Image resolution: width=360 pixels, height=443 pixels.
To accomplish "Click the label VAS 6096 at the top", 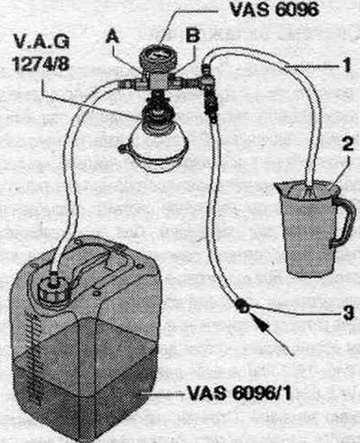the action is pyautogui.click(x=274, y=10).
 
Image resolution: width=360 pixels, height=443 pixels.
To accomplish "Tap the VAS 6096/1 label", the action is pyautogui.click(x=239, y=393).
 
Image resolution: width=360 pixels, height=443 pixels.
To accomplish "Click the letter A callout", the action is pyautogui.click(x=112, y=37).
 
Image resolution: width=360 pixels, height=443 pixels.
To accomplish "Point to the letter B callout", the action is pyautogui.click(x=193, y=36).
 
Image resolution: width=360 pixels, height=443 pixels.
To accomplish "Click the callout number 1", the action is pyautogui.click(x=346, y=65).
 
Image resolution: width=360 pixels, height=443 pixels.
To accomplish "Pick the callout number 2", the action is pyautogui.click(x=347, y=146).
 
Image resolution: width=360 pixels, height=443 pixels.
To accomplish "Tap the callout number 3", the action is pyautogui.click(x=348, y=313).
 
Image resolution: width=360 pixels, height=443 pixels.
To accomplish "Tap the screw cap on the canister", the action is pyautogui.click(x=51, y=288).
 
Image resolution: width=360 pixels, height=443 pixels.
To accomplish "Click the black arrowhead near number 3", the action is pyautogui.click(x=260, y=322).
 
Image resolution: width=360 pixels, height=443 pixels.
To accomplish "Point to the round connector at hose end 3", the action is pyautogui.click(x=242, y=306).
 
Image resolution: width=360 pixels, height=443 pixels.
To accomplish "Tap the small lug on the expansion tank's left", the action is pyautogui.click(x=123, y=148).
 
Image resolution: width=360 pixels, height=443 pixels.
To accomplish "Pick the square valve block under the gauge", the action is pyautogui.click(x=158, y=81).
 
